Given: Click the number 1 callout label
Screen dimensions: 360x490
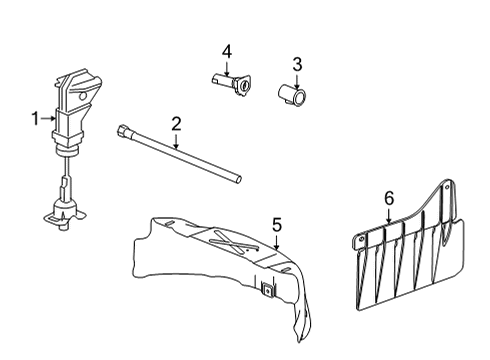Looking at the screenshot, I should point(35,119).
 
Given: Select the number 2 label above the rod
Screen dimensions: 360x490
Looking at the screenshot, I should point(176,125).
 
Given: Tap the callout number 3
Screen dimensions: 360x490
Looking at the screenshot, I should point(296,65).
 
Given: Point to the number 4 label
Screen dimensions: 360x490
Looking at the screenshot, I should point(227,51).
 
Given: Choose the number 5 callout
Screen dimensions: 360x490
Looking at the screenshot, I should point(277,224).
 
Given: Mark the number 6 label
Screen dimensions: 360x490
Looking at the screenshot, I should point(389,199).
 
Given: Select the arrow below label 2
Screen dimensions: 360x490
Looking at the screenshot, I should point(177,142).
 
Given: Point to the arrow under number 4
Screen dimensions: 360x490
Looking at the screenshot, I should point(227,68).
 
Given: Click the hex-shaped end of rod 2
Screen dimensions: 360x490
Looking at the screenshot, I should point(121,131).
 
